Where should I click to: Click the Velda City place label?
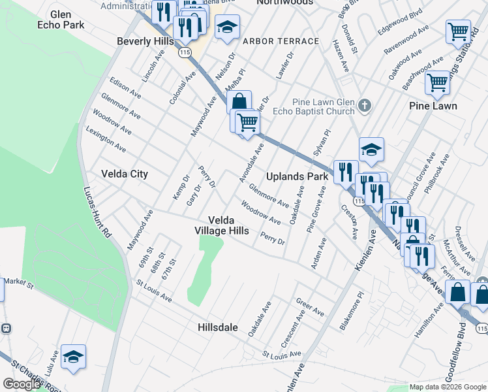pos(125,174)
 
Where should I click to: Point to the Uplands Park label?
pos(297,176)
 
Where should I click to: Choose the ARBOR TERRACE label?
pos(281,41)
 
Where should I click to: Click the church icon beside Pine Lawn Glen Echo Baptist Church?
pos(364,104)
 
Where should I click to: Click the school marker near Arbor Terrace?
pos(228,28)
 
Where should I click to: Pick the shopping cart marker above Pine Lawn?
pos(436,83)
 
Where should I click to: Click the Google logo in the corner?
pos(22,384)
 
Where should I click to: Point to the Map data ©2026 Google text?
pos(448,387)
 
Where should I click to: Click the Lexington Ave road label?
pos(106,139)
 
